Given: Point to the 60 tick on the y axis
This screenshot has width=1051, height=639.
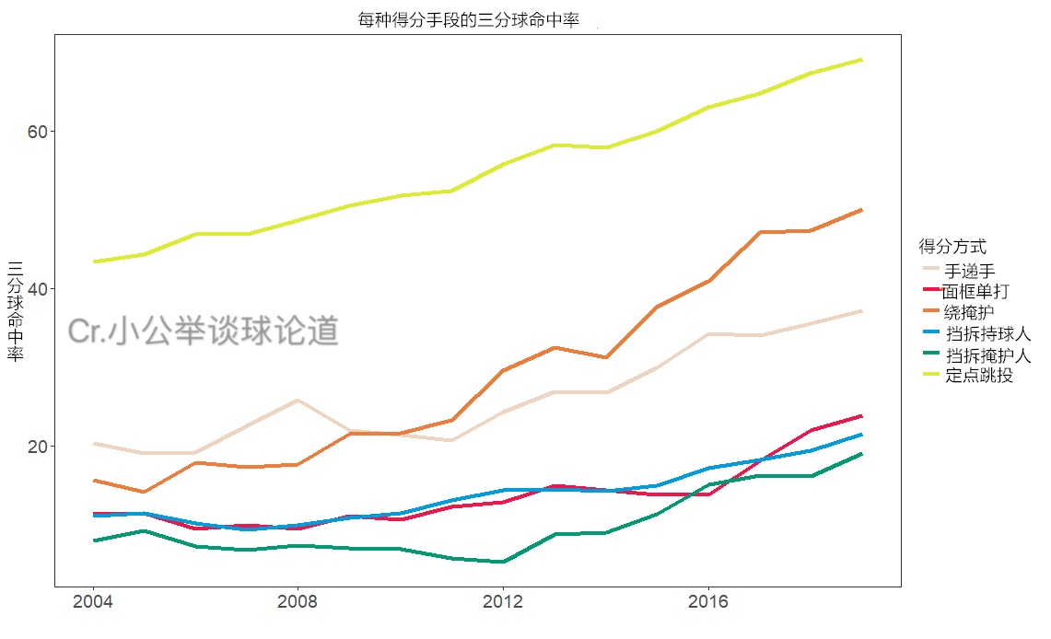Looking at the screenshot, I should click(x=37, y=132).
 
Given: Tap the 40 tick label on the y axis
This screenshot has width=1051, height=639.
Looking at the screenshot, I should click(x=37, y=289).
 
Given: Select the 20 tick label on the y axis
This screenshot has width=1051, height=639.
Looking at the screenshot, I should click(x=37, y=447).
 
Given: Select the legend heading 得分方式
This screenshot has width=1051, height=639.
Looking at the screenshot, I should click(x=952, y=247).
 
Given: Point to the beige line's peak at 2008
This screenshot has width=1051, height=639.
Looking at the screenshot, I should click(x=298, y=401).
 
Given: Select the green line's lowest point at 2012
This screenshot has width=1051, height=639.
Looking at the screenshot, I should click(x=503, y=562).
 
